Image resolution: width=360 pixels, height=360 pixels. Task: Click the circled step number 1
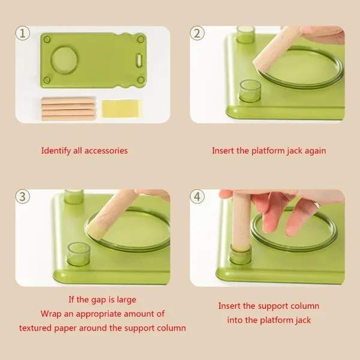point(23,34)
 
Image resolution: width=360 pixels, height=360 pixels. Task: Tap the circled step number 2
point(197,34)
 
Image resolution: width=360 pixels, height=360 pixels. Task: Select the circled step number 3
point(23,197)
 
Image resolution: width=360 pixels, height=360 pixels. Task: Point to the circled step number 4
point(197,197)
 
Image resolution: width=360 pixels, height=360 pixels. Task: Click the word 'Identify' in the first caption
point(56,151)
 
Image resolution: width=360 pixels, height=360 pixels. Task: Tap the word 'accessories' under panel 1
point(106,151)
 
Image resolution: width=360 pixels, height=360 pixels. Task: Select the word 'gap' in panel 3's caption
point(97,301)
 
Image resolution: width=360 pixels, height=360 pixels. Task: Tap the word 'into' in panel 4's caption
point(235,320)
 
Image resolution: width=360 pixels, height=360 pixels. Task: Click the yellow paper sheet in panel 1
point(121,109)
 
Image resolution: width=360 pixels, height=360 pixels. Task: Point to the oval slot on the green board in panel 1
point(139,60)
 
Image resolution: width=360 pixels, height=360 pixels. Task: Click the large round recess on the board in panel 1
point(65,60)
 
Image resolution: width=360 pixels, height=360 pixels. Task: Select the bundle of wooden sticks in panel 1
point(68,109)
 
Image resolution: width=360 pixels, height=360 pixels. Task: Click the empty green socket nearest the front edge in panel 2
point(250,91)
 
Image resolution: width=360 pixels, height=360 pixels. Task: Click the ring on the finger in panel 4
point(316,203)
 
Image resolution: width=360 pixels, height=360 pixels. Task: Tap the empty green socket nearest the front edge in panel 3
point(79,254)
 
